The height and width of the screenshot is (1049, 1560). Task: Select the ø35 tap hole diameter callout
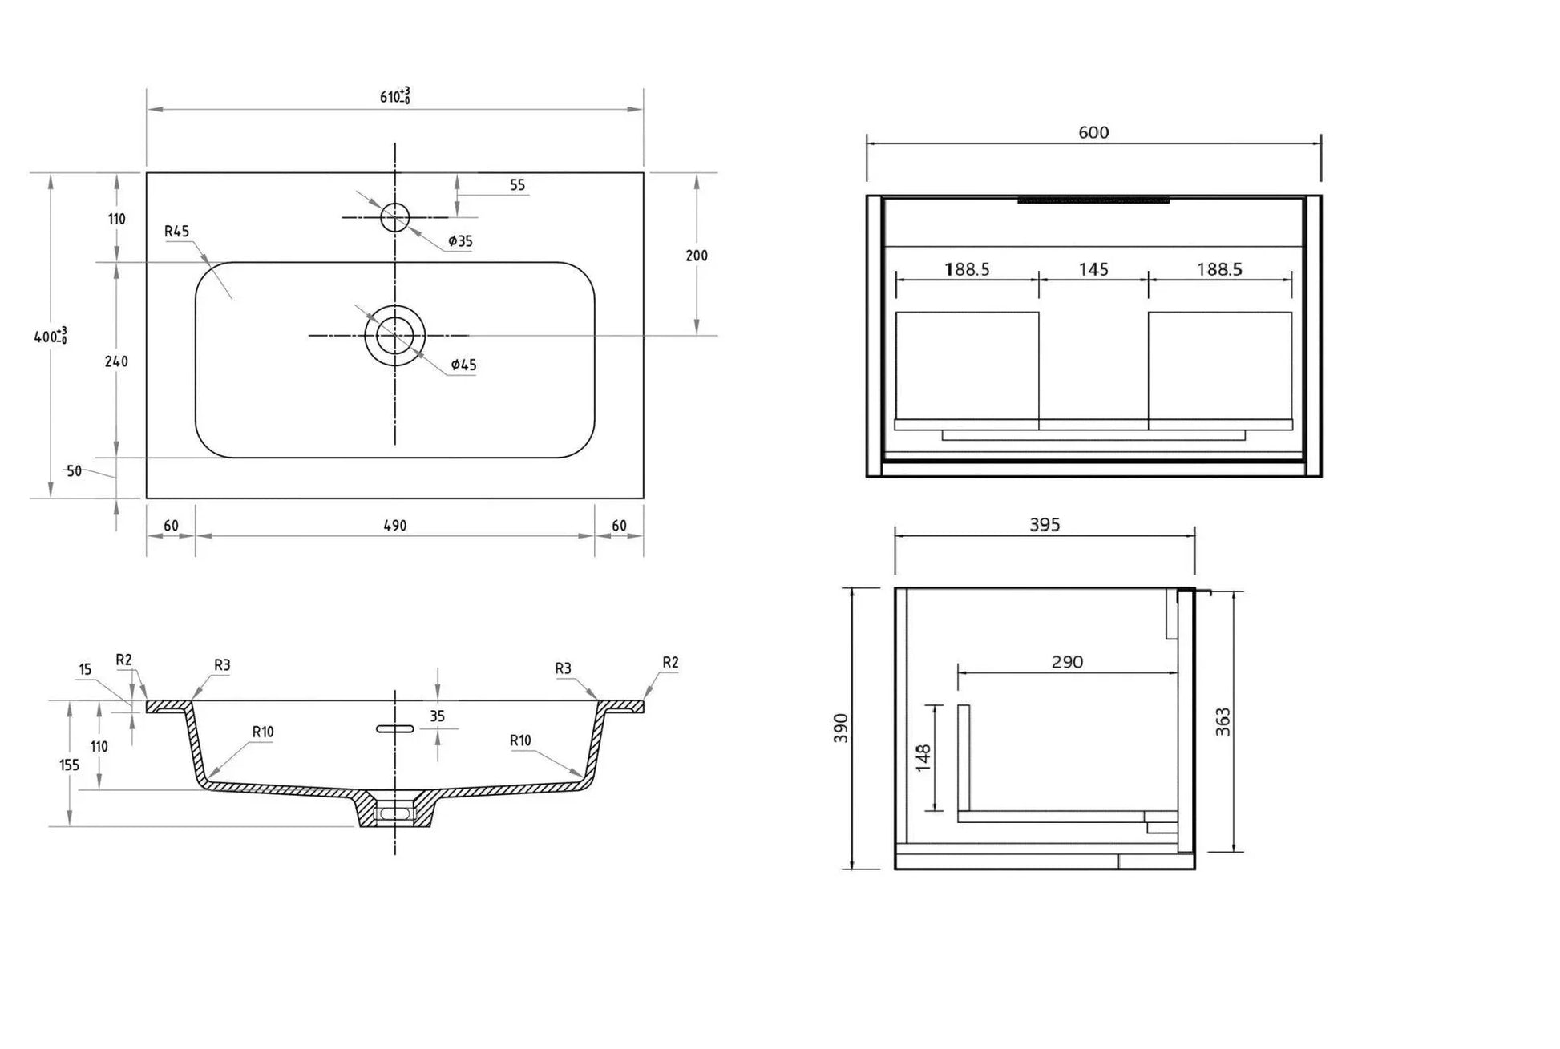(460, 240)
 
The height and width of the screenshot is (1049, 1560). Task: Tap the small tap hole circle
(394, 217)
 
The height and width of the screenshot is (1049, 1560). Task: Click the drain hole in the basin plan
(394, 335)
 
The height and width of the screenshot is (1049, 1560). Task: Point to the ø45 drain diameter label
(463, 365)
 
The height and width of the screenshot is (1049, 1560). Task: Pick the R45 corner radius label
(176, 232)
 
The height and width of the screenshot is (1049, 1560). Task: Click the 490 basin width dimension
(394, 526)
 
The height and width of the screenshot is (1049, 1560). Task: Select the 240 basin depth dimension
(116, 361)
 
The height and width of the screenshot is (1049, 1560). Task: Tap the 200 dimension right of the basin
(697, 256)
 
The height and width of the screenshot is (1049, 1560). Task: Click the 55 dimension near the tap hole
(517, 185)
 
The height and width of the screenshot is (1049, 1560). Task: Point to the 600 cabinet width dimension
(1093, 133)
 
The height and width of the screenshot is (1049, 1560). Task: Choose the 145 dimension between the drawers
(1093, 269)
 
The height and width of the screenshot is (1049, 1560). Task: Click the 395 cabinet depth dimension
(1045, 525)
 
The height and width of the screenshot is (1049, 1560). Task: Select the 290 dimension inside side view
(1067, 662)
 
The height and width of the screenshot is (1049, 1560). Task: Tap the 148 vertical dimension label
(923, 757)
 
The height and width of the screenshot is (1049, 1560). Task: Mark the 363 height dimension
(1223, 721)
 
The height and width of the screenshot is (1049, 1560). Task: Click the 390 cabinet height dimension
(841, 728)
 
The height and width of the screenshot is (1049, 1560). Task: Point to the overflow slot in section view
(394, 728)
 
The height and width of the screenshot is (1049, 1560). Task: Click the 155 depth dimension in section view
(70, 765)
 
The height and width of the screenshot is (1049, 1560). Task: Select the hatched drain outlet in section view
(394, 811)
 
